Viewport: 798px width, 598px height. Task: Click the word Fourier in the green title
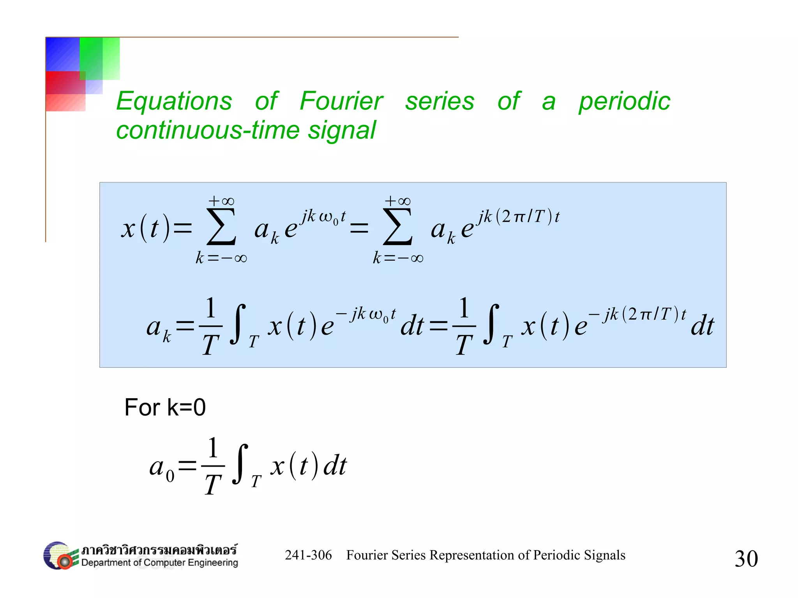pyautogui.click(x=341, y=101)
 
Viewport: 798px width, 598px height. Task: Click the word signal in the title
pyautogui.click(x=342, y=130)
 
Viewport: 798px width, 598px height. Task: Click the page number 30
pyautogui.click(x=746, y=558)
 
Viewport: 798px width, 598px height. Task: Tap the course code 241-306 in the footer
pyautogui.click(x=308, y=555)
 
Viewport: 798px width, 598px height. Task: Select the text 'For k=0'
pyautogui.click(x=165, y=407)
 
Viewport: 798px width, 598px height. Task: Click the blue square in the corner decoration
pyautogui.click(x=62, y=54)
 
